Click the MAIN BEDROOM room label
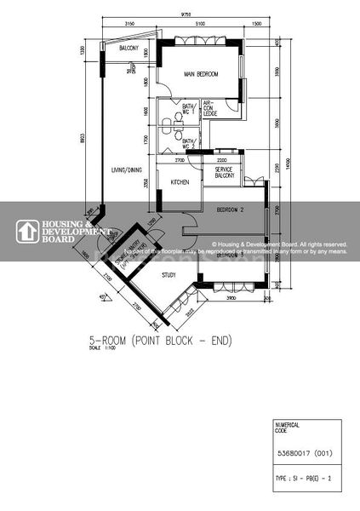pos(201,75)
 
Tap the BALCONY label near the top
pos(129,50)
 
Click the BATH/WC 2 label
pos(189,141)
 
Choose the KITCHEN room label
pos(180,182)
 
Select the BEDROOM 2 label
pos(231,209)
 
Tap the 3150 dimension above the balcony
pos(129,25)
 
